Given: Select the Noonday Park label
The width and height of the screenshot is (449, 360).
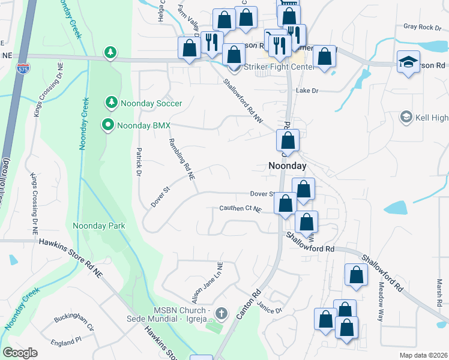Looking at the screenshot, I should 98,226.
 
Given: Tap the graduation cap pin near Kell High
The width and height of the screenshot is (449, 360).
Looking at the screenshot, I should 408,62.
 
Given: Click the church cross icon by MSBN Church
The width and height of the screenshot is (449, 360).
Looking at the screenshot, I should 221,313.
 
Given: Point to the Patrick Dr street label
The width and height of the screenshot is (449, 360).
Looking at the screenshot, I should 138,161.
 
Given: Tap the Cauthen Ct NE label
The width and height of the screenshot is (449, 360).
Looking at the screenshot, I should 241,209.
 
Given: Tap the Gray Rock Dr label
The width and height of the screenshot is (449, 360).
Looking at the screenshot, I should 422,26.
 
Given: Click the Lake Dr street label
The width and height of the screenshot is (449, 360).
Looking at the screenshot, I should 306,91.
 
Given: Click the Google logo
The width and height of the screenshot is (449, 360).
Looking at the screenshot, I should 20,353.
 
